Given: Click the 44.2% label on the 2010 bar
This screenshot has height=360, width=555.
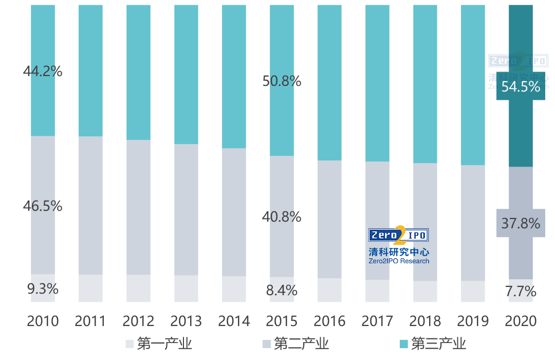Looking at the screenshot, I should (43, 71).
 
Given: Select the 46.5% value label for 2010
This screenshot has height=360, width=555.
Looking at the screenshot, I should (43, 206).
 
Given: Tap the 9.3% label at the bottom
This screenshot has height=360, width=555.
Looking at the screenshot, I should (43, 289).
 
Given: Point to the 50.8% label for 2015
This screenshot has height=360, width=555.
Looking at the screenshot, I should (282, 81).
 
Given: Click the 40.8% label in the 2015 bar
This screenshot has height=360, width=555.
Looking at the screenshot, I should (282, 217).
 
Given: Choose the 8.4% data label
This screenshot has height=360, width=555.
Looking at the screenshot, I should (282, 290).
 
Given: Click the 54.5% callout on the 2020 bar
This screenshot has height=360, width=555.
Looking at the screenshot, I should (521, 86).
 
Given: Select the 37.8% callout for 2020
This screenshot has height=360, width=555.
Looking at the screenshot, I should (521, 223).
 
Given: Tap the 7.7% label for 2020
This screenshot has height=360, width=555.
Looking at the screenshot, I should (521, 292).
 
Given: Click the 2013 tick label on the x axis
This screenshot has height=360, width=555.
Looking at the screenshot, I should (186, 321).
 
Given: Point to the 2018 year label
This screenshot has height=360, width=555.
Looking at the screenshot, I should (425, 321).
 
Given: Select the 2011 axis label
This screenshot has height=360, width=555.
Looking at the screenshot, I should (90, 321).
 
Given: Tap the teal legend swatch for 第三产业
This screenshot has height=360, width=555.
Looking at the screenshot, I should (403, 344).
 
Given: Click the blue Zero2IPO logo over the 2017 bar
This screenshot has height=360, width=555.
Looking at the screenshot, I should (398, 236).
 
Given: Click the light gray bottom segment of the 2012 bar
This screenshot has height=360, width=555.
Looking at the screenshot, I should (138, 288).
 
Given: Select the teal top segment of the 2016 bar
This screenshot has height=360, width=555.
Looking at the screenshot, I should (329, 82).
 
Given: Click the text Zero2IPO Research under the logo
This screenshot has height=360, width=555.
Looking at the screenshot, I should (398, 261).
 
